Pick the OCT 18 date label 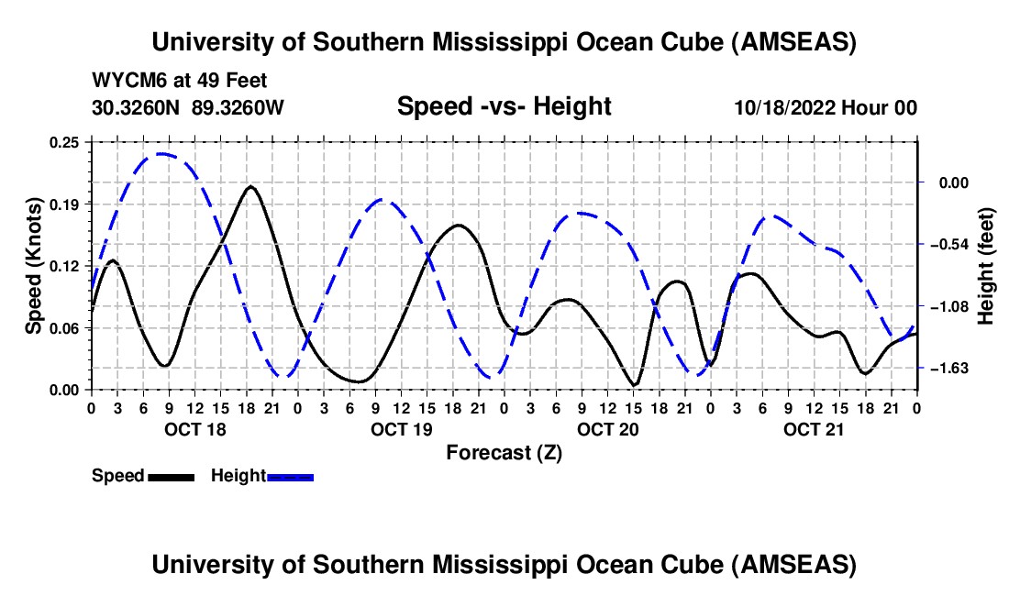click(194, 429)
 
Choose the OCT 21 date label click(814, 429)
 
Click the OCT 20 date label click(607, 429)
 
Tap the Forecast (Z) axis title click(504, 452)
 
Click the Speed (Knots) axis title click(34, 265)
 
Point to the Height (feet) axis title click(986, 265)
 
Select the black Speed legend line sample click(171, 476)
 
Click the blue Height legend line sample click(290, 476)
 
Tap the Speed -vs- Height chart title click(504, 106)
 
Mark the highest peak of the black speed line click(250, 186)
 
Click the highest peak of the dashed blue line click(162, 154)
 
